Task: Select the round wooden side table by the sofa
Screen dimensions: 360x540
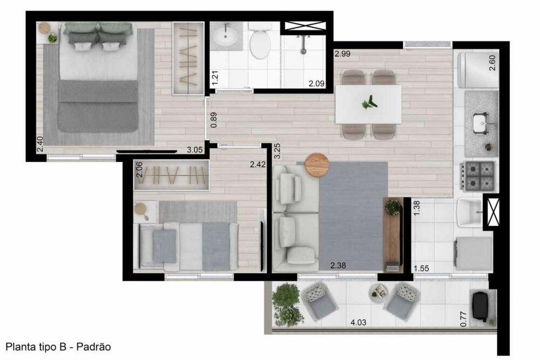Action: pyautogui.click(x=317, y=165)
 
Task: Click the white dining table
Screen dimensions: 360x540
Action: pyautogui.click(x=368, y=104)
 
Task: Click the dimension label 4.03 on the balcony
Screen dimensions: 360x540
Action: pyautogui.click(x=357, y=323)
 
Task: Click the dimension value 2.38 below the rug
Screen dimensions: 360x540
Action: pyautogui.click(x=339, y=266)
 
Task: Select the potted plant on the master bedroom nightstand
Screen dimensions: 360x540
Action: pyautogui.click(x=52, y=38)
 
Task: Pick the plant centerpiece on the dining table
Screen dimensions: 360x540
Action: pyautogui.click(x=369, y=102)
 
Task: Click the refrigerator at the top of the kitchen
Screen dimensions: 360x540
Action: pyautogui.click(x=476, y=69)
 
